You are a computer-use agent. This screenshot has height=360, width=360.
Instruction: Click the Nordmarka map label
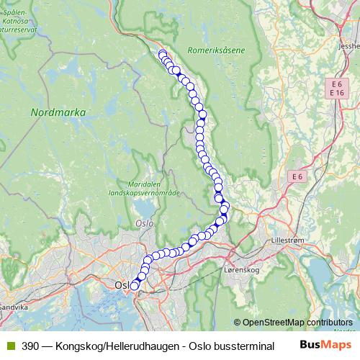tap(59, 112)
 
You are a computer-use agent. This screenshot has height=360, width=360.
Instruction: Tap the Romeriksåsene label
tap(215, 50)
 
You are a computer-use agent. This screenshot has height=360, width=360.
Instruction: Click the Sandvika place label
tap(14, 306)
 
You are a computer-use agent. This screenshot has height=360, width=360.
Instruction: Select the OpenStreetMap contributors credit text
tap(297, 323)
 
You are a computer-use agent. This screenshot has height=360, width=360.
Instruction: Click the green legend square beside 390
tap(10, 346)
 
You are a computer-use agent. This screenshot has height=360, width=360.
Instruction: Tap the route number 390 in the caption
tap(30, 346)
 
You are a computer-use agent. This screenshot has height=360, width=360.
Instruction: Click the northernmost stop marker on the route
tap(163, 53)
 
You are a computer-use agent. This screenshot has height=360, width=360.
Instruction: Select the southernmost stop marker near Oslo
tap(134, 287)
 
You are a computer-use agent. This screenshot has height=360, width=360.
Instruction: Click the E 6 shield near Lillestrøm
tap(297, 176)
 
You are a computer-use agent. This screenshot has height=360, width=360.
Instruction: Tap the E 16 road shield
tap(336, 93)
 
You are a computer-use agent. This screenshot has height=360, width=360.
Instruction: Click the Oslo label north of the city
tap(144, 224)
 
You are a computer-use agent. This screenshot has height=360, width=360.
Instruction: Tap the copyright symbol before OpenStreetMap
tap(238, 323)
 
